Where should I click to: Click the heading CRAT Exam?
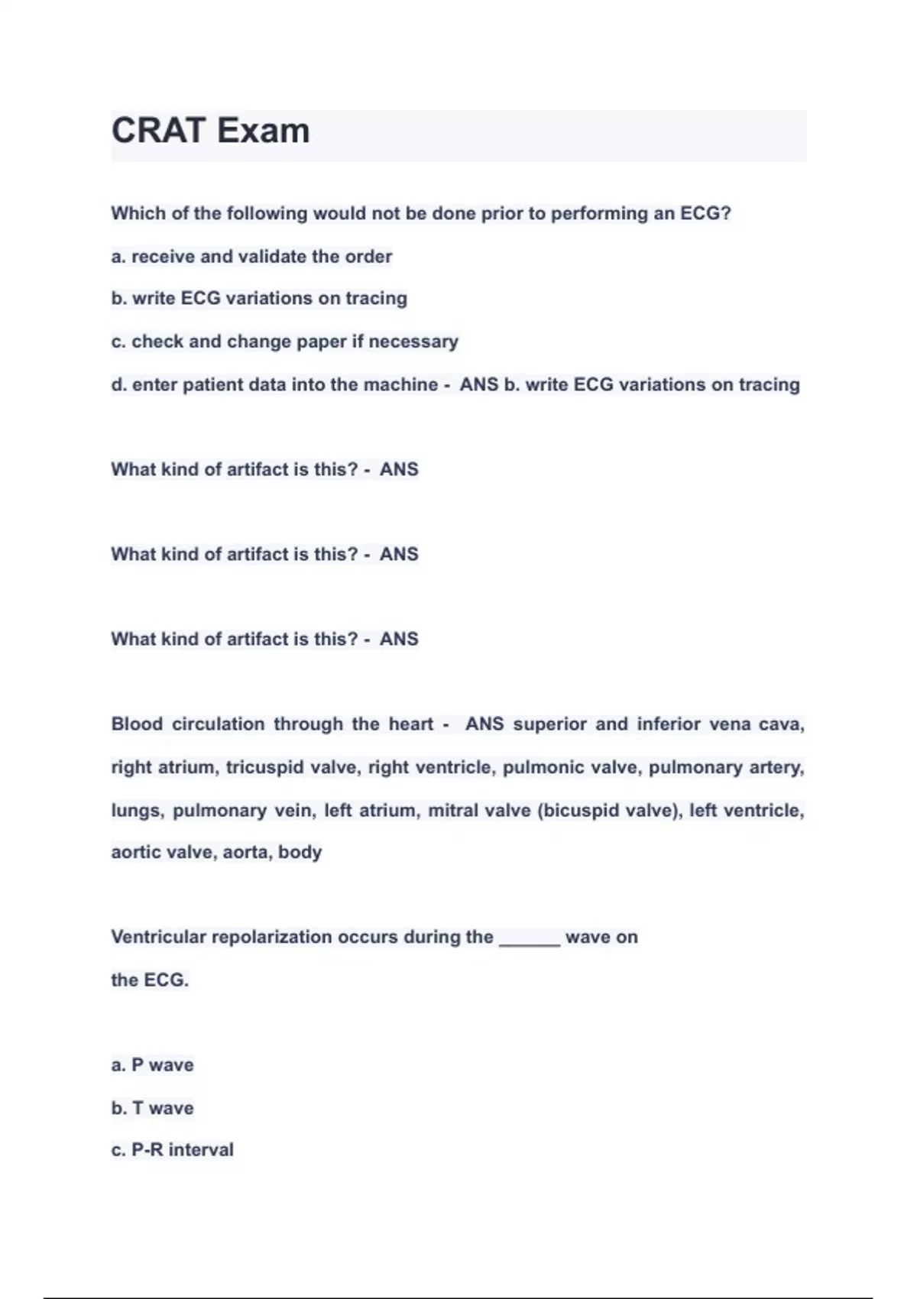pyautogui.click(x=211, y=131)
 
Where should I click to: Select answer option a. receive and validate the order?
pyautogui.click(x=251, y=257)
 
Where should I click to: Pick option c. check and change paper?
pyautogui.click(x=284, y=342)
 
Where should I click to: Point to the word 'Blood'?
pyautogui.click(x=137, y=724)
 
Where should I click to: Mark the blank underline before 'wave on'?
pyautogui.click(x=530, y=941)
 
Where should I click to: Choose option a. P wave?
pyautogui.click(x=152, y=1065)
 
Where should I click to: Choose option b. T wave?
pyautogui.click(x=152, y=1108)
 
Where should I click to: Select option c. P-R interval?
pyautogui.click(x=172, y=1150)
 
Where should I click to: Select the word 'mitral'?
pyautogui.click(x=453, y=810)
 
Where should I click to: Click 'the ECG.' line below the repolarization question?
pyautogui.click(x=150, y=980)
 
